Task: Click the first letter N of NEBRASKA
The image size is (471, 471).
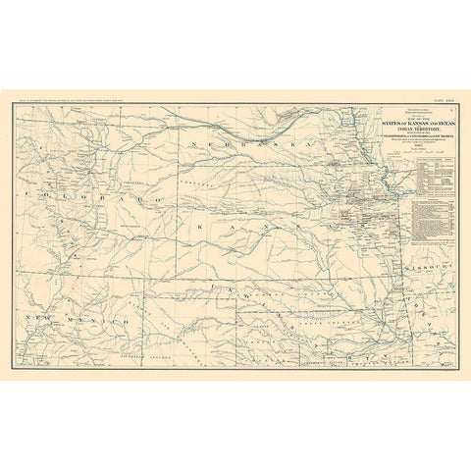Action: [197, 145]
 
